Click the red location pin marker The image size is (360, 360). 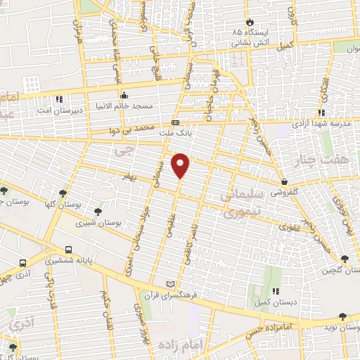pyautogui.click(x=181, y=165)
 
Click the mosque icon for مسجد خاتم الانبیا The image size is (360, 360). pyautogui.click(x=124, y=96)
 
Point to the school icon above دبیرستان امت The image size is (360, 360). pyautogui.click(x=60, y=98)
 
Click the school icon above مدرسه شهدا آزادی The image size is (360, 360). pyautogui.click(x=321, y=112)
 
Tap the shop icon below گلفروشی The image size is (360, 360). pyautogui.click(x=284, y=182)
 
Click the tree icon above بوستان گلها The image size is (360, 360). pyautogui.click(x=64, y=193)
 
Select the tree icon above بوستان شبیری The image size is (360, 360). pyautogui.click(x=98, y=209)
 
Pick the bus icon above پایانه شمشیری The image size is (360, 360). pyautogui.click(x=69, y=250)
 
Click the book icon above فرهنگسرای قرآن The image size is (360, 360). pyautogui.click(x=169, y=284)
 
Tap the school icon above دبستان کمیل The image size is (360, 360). pyautogui.click(x=276, y=290)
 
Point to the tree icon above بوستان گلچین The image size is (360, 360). pyautogui.click(x=344, y=258)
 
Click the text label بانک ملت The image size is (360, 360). pyautogui.click(x=194, y=131)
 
